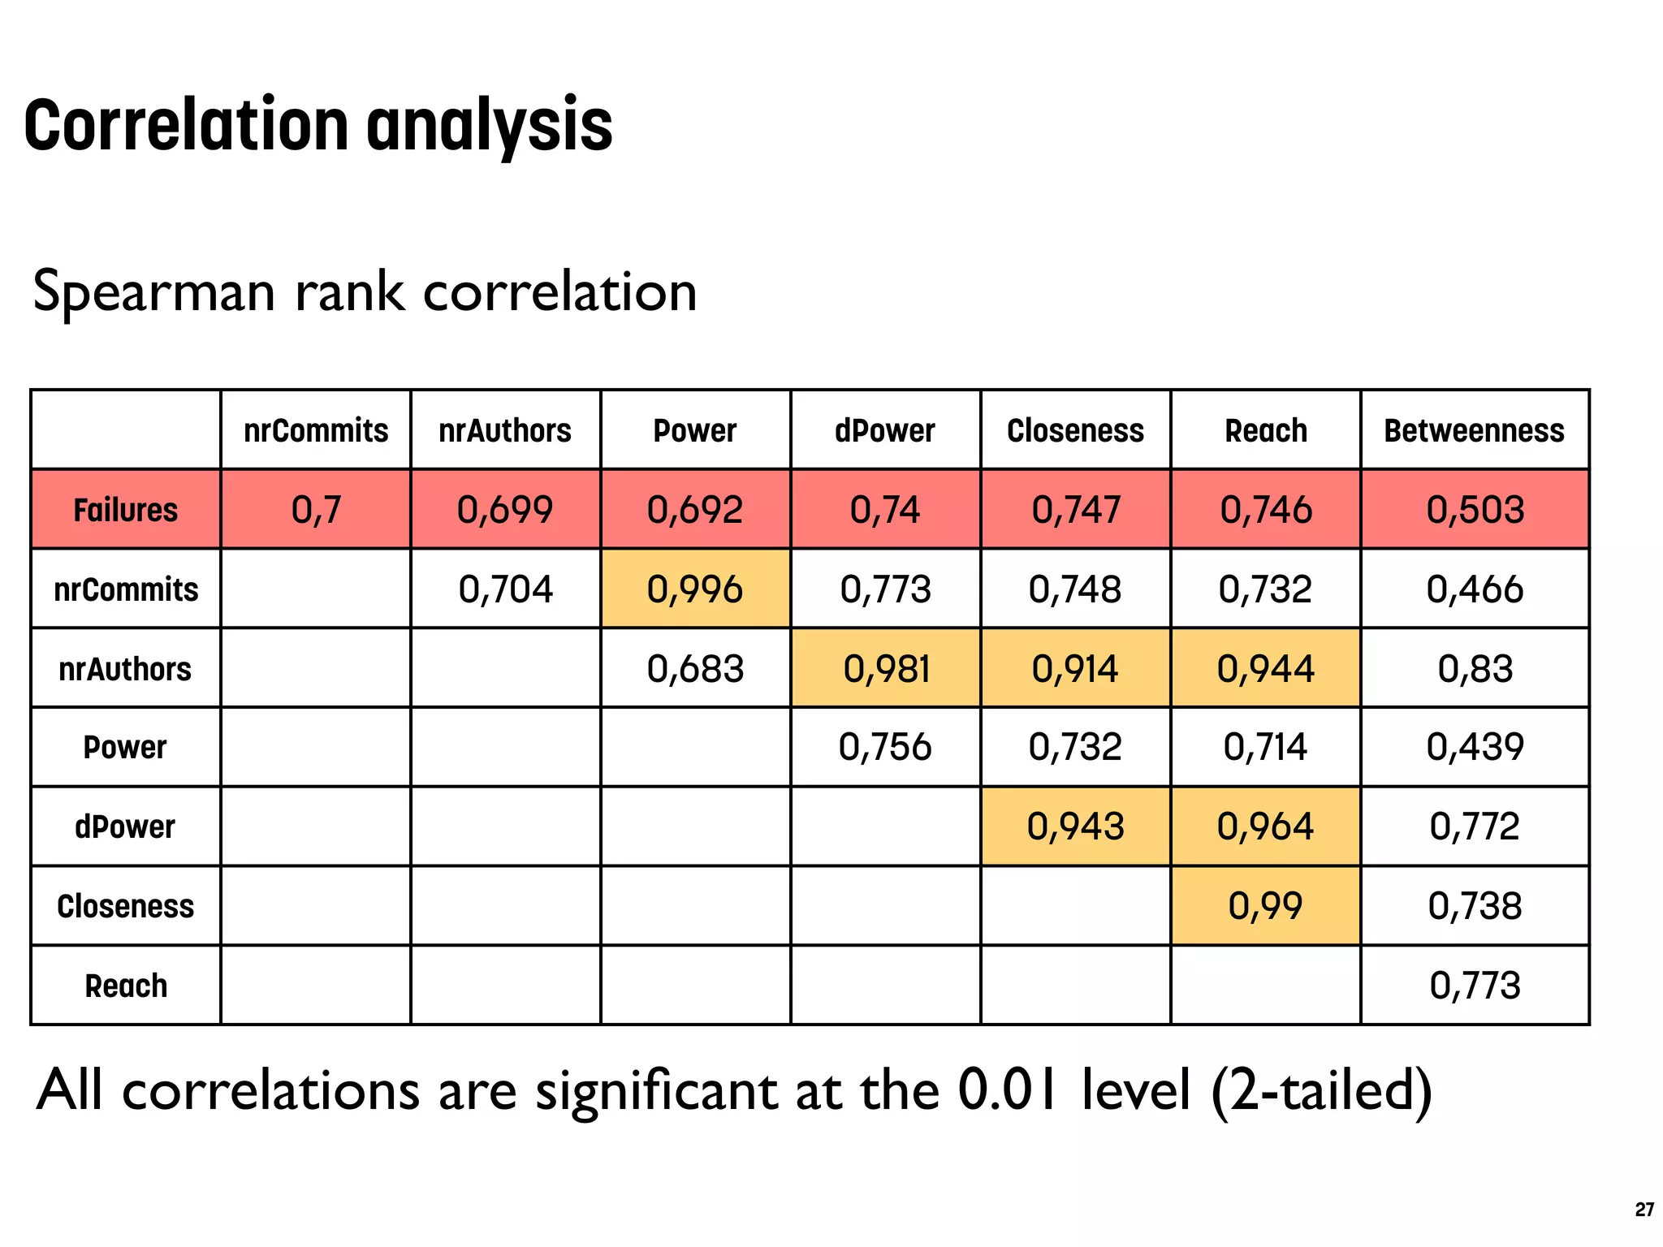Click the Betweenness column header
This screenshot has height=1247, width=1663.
click(1474, 430)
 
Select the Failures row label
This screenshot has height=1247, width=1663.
click(125, 510)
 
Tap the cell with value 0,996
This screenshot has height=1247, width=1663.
click(695, 589)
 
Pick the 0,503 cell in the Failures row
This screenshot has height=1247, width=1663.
click(1475, 510)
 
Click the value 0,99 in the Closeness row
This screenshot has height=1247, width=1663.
click(1265, 906)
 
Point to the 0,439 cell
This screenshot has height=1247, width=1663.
click(1475, 747)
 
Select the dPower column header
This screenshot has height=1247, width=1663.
click(885, 430)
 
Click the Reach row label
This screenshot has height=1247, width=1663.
click(126, 986)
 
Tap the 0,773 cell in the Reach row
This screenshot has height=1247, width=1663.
click(1475, 986)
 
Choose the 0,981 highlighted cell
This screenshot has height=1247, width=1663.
click(886, 669)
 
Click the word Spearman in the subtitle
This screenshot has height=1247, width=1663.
click(154, 292)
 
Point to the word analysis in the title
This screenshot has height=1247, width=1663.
click(490, 127)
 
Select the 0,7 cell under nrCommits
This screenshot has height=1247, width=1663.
click(316, 510)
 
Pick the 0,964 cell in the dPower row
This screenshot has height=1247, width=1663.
click(1265, 826)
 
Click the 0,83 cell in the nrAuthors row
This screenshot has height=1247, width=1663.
click(1475, 669)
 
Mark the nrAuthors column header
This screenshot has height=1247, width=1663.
click(505, 430)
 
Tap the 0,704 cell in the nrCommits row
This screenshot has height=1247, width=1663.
click(505, 589)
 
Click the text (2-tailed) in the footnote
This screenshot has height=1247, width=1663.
click(1321, 1091)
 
